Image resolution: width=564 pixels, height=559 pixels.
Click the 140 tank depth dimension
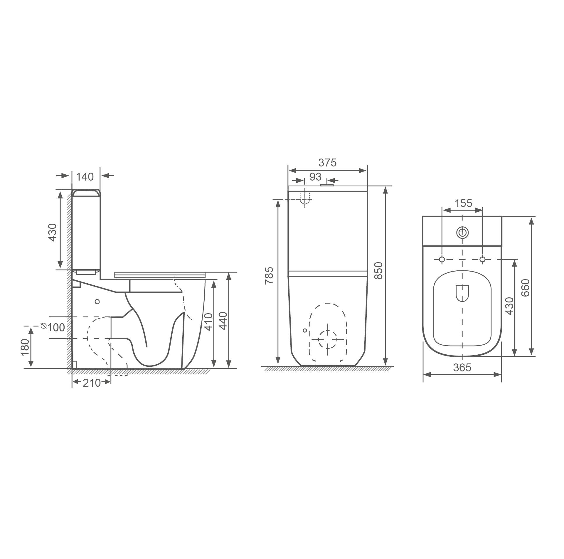pyautogui.click(x=85, y=177)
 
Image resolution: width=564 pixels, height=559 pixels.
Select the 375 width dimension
pyautogui.click(x=327, y=163)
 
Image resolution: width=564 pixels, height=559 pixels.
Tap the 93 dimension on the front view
pyautogui.click(x=315, y=177)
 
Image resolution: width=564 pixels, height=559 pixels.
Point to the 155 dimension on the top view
pyautogui.click(x=464, y=203)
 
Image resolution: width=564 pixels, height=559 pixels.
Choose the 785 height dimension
pyautogui.click(x=269, y=275)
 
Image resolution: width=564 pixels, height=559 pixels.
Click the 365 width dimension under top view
pyautogui.click(x=462, y=368)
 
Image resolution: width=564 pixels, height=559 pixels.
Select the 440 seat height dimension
pyautogui.click(x=223, y=321)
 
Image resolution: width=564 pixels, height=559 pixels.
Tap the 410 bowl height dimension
pyautogui.click(x=208, y=322)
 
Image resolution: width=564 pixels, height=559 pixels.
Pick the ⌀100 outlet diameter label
pyautogui.click(x=53, y=327)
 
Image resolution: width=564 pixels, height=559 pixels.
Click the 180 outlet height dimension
pyautogui.click(x=25, y=347)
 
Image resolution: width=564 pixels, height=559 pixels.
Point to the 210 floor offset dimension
pyautogui.click(x=91, y=383)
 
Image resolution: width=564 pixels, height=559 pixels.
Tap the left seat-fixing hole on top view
pyautogui.click(x=442, y=259)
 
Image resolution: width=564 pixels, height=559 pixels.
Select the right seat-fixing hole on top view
pyautogui.click(x=482, y=259)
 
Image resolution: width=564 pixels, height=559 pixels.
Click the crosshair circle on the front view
pyautogui.click(x=328, y=339)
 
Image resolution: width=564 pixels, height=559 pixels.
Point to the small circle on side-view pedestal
pyautogui.click(x=97, y=302)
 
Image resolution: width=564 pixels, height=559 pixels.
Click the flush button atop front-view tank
pyautogui.click(x=328, y=185)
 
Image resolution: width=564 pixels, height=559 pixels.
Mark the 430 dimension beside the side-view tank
pyautogui.click(x=53, y=233)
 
